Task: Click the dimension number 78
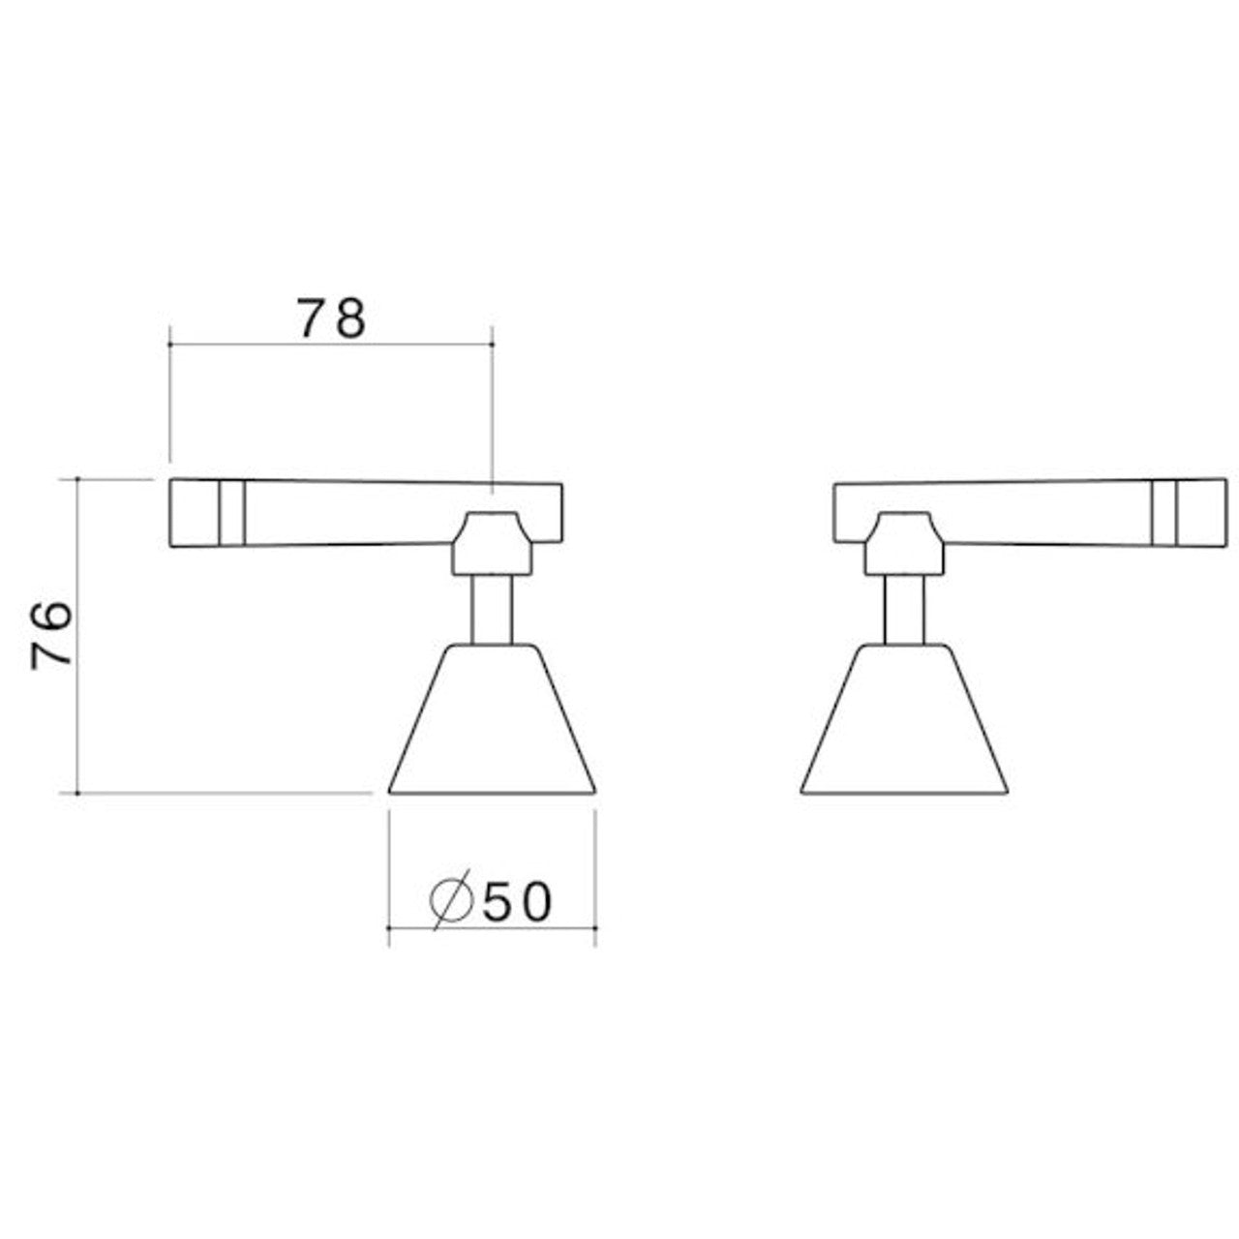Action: point(331,318)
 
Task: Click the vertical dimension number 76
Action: point(50,636)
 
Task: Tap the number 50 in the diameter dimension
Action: point(517,902)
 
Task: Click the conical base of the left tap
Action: point(492,719)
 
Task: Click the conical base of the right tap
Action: point(904,719)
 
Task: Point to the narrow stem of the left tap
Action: point(492,609)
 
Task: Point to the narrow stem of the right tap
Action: point(904,609)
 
